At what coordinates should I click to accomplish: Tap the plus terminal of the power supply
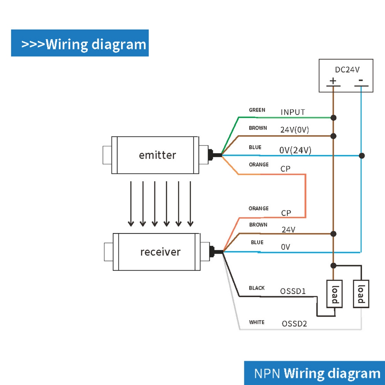click(x=333, y=81)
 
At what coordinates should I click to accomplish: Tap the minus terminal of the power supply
click(x=361, y=80)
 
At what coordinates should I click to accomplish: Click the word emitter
click(x=157, y=155)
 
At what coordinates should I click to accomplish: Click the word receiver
click(x=160, y=252)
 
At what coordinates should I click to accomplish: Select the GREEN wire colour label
click(x=257, y=110)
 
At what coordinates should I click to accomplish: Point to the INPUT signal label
click(x=293, y=112)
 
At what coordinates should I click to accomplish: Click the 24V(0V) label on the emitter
click(x=294, y=130)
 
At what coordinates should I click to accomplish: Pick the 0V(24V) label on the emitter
click(x=295, y=150)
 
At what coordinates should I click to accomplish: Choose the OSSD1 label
click(x=293, y=291)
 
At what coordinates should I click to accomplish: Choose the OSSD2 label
click(x=294, y=324)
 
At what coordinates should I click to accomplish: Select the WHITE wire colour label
click(x=256, y=322)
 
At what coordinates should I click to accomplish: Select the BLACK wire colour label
click(x=257, y=288)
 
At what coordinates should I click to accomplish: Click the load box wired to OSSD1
click(x=335, y=294)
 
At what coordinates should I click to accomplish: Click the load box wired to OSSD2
click(x=361, y=294)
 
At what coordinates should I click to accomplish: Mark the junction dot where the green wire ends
click(x=333, y=118)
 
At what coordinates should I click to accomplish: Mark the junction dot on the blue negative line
click(x=361, y=155)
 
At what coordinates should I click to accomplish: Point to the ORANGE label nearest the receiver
click(x=258, y=208)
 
